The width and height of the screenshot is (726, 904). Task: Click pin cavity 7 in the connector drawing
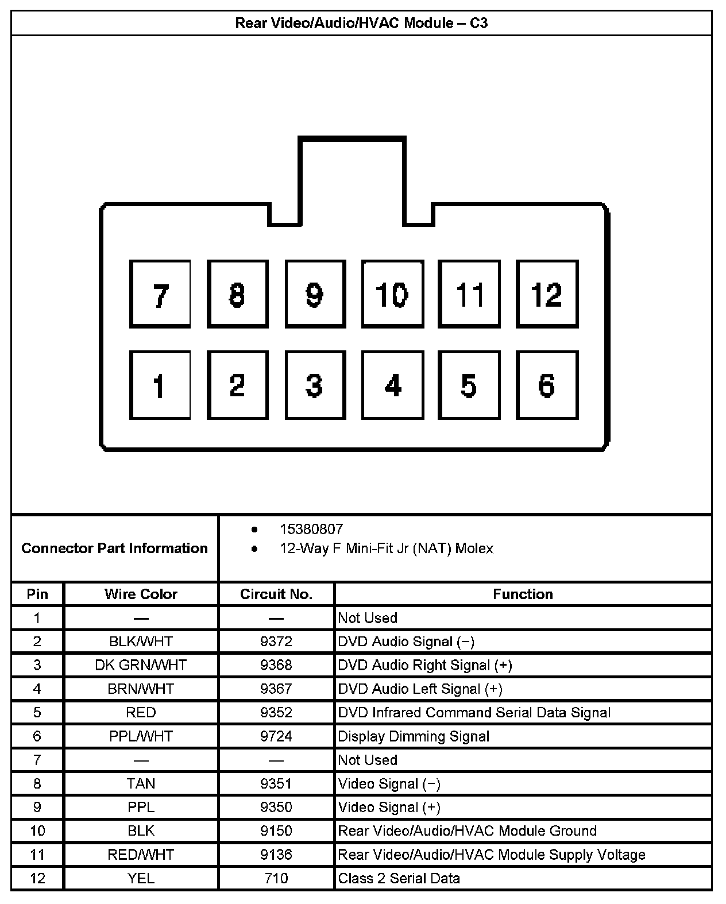[x=160, y=294]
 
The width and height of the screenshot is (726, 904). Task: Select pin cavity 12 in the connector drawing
[x=547, y=294]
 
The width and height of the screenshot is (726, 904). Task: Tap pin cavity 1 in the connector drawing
[x=160, y=385]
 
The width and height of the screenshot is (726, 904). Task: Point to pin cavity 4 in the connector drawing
[x=392, y=385]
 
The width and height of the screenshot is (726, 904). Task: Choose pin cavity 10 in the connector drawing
[x=392, y=294]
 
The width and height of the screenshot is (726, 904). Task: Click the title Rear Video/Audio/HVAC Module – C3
[x=361, y=24]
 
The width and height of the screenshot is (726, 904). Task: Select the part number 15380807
[x=311, y=529]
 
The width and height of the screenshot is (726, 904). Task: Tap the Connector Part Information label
[x=114, y=548]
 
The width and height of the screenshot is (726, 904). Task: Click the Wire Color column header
[x=141, y=594]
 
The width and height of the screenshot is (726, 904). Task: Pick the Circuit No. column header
[x=276, y=594]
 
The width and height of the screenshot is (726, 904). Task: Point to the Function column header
[x=523, y=594]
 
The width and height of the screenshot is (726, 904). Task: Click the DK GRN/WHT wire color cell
[x=141, y=665]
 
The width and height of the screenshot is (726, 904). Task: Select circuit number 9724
[x=276, y=736]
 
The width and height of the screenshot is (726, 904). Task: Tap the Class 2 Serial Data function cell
[x=399, y=878]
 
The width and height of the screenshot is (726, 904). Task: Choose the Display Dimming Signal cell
[x=414, y=736]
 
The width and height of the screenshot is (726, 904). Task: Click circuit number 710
[x=276, y=878]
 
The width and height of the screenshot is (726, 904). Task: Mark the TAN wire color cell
[x=141, y=783]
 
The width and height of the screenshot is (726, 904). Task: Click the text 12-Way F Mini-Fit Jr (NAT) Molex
[x=387, y=548]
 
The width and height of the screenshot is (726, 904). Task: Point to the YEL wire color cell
[x=141, y=878]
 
